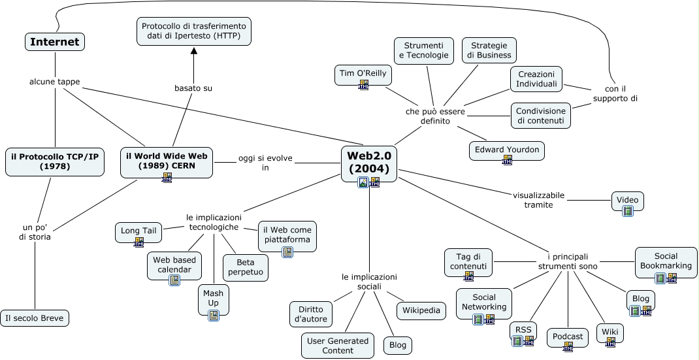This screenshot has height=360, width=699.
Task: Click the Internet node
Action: (x=55, y=42)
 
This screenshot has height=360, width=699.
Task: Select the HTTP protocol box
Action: (x=194, y=31)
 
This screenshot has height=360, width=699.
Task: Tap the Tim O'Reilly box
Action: (x=363, y=74)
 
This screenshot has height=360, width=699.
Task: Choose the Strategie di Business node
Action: (x=489, y=50)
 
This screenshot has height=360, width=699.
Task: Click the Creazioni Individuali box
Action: (x=536, y=79)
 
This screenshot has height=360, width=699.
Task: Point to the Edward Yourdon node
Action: (x=507, y=150)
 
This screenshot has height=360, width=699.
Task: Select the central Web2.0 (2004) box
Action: (x=369, y=163)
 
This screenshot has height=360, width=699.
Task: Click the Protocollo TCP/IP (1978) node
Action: (x=54, y=162)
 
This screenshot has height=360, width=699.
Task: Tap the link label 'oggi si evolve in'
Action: (x=265, y=163)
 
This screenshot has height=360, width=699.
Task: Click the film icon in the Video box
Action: (x=628, y=210)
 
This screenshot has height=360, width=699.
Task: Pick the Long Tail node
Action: (x=138, y=231)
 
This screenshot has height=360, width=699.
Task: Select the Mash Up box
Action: (x=213, y=299)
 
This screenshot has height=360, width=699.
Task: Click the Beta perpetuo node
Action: (x=246, y=267)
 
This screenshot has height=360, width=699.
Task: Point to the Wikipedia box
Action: (x=421, y=310)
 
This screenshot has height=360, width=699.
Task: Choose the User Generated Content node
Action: (x=337, y=346)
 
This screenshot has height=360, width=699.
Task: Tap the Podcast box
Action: (x=568, y=337)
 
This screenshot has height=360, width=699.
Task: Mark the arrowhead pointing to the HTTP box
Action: (x=193, y=51)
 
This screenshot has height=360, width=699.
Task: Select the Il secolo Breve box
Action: (x=34, y=318)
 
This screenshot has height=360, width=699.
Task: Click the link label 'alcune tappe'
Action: (x=55, y=82)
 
